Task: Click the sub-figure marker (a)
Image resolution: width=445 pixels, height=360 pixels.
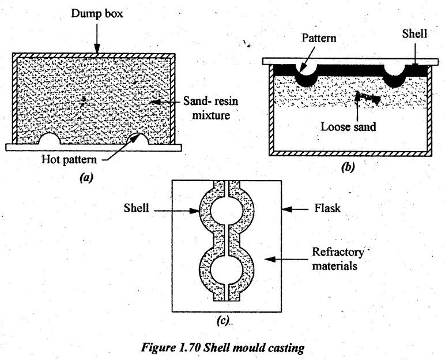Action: (87, 178)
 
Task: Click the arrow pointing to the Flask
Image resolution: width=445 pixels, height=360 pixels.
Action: (293, 212)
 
